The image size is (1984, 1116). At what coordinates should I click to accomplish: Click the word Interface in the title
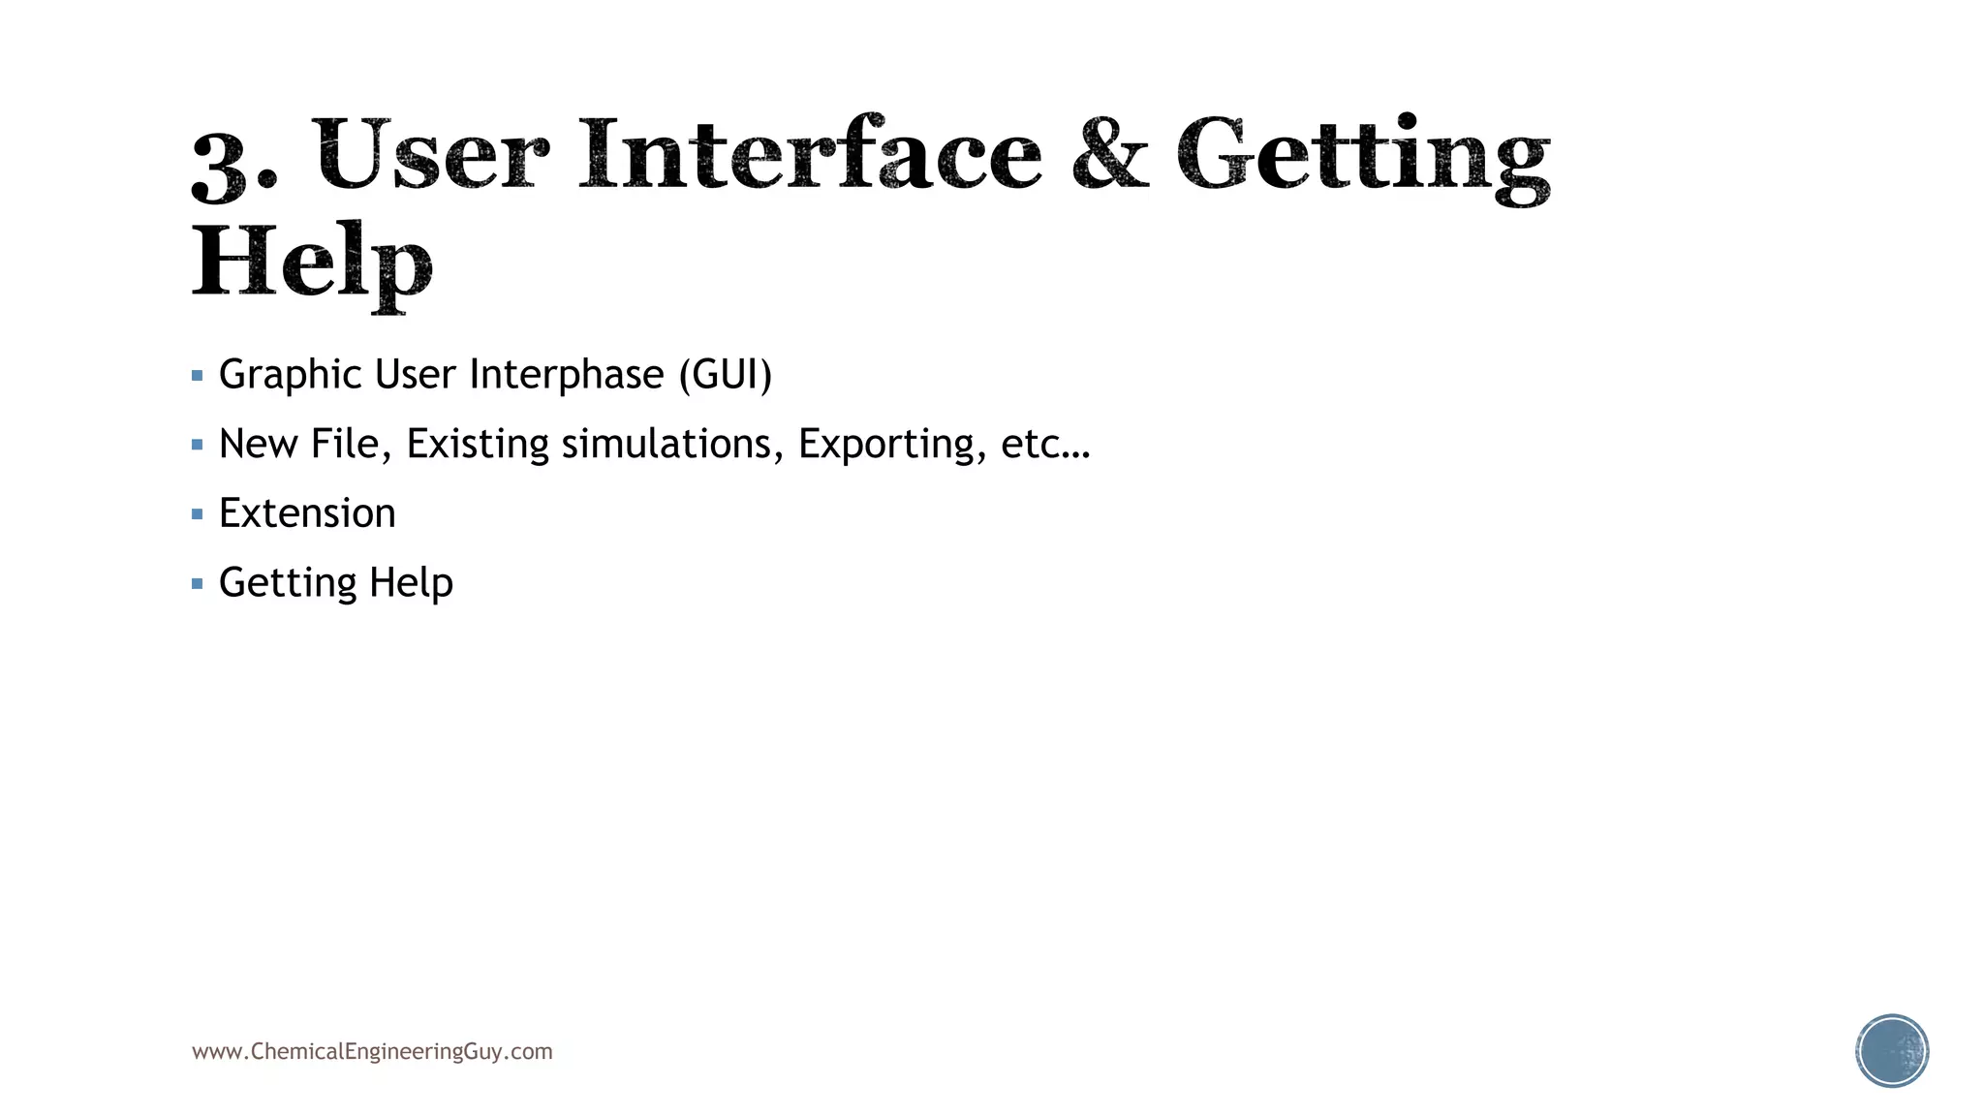point(810,155)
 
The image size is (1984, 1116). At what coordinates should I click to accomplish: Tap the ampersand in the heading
point(1110,155)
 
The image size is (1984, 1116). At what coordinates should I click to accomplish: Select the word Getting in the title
point(1363,157)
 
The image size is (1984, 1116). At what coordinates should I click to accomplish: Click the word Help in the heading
point(311,263)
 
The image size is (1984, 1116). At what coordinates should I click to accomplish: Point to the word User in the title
point(431,155)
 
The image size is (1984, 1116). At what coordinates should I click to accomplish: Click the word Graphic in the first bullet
point(291,375)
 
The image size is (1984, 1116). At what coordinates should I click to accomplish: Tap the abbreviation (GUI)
point(726,375)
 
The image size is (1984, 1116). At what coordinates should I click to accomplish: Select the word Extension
point(307,513)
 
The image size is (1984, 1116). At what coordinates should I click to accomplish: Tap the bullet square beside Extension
point(198,514)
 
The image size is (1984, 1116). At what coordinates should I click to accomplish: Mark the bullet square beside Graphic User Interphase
point(198,376)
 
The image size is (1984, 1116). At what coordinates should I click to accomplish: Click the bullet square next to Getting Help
point(198,584)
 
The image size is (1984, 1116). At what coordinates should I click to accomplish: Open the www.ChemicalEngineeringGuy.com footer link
point(372,1052)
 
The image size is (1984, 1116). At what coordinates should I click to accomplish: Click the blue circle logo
point(1892,1051)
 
